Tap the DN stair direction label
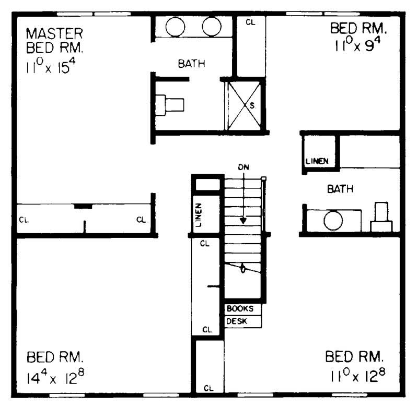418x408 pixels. [x=243, y=167]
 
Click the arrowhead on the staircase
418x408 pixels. [x=243, y=221]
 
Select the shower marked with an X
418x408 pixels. [x=242, y=105]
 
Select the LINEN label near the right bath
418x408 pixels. [x=317, y=161]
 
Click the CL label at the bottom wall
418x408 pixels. [x=208, y=388]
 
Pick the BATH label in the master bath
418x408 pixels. [x=191, y=64]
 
